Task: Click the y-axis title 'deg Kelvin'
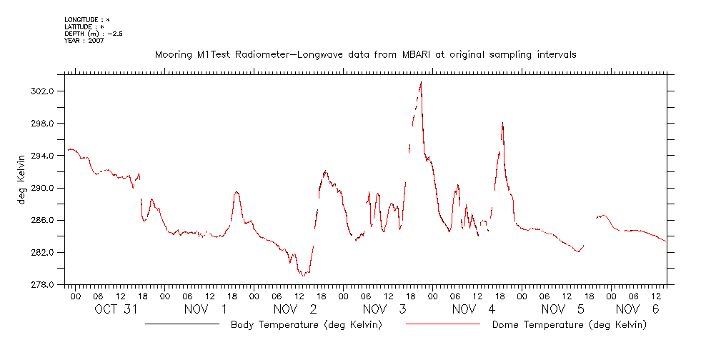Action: (x=22, y=179)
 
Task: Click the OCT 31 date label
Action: (x=116, y=309)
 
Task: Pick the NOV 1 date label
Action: (x=205, y=309)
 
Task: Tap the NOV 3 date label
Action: (x=384, y=309)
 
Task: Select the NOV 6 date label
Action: (x=636, y=309)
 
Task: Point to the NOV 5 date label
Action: (x=562, y=309)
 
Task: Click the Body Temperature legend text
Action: (x=306, y=325)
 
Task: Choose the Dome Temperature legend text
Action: (x=570, y=325)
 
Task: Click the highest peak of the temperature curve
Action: (x=421, y=82)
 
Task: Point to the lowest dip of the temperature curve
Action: (x=303, y=275)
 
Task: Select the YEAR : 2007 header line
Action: (x=84, y=41)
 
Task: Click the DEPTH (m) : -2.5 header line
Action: (x=93, y=34)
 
